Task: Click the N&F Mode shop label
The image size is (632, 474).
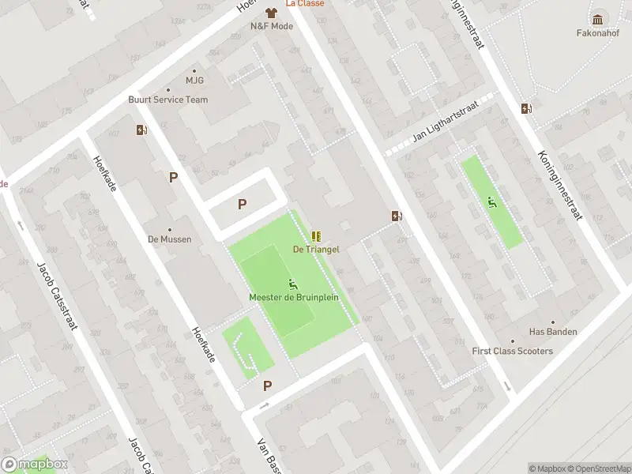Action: pos(272,26)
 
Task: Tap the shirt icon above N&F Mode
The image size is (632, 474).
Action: pos(271,13)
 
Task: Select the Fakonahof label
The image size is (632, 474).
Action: pos(598,33)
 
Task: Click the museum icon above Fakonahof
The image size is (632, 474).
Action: pos(598,19)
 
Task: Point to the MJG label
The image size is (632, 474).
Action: pos(194,80)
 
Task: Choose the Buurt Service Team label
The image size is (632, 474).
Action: pos(168,100)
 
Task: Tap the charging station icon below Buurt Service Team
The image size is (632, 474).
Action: pos(141,130)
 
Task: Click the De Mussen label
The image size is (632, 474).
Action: pos(169,239)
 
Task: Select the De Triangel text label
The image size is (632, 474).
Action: pos(316,249)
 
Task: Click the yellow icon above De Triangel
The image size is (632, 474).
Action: pos(316,235)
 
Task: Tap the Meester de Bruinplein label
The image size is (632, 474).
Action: pos(293,298)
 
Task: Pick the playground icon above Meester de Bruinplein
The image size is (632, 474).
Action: pos(293,284)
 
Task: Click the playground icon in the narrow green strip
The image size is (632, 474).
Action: pos(493,202)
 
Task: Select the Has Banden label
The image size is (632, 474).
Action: pos(552,332)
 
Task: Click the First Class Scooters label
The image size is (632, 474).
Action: pos(513,351)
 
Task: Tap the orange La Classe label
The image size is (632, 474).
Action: pos(305,3)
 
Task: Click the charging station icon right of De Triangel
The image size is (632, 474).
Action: pos(397,216)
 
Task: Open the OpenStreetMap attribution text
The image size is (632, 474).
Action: pos(600,468)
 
